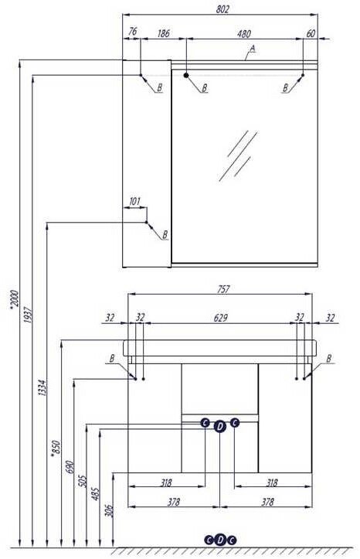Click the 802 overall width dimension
tap(222, 9)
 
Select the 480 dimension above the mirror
tap(244, 34)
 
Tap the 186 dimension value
tap(163, 33)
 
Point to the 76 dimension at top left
tap(132, 32)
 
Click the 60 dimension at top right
tap(311, 33)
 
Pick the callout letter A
tap(253, 48)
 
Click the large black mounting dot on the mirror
tap(186, 75)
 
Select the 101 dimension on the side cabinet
tap(134, 202)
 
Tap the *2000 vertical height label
tap(14, 299)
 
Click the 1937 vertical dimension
tap(29, 315)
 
